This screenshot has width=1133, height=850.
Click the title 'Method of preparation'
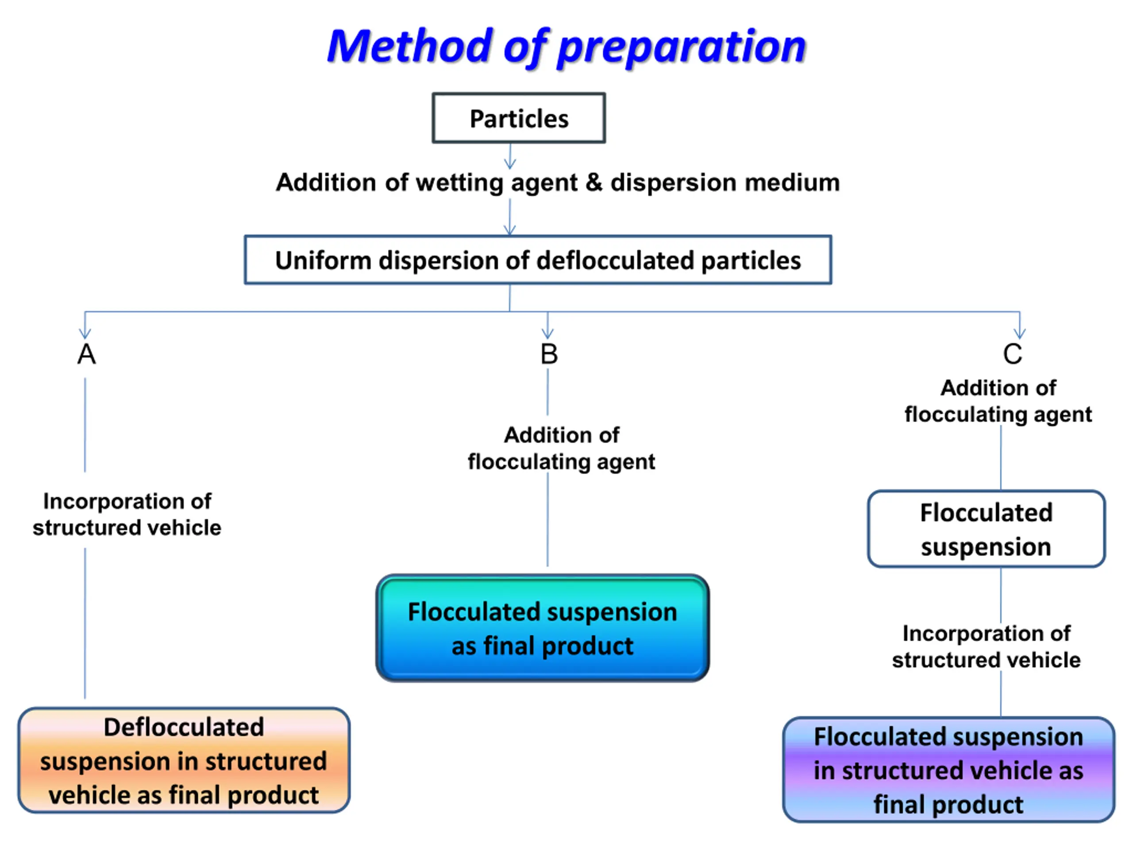click(x=566, y=47)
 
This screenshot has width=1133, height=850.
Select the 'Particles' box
click(x=519, y=118)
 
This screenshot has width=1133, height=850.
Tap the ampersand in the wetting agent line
click(x=594, y=182)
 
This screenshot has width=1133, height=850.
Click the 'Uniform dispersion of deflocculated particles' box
click(x=538, y=260)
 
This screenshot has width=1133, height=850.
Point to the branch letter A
click(x=87, y=354)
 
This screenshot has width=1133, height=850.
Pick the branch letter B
click(x=549, y=354)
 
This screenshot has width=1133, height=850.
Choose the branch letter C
click(x=1012, y=354)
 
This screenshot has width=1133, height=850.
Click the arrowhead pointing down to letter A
click(x=85, y=333)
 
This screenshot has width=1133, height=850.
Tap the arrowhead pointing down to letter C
click(x=1020, y=333)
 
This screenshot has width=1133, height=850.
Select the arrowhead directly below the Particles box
click(x=510, y=163)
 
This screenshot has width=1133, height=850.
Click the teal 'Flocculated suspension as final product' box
click(x=543, y=628)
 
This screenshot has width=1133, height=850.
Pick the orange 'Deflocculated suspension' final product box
click(x=184, y=760)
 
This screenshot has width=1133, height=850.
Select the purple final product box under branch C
click(x=948, y=770)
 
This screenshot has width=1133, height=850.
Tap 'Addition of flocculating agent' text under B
click(x=561, y=448)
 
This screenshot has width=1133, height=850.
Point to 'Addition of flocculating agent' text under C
click(x=998, y=401)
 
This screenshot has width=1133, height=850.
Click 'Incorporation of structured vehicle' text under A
click(x=127, y=514)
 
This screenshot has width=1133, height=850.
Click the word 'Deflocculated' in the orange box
click(x=184, y=727)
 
